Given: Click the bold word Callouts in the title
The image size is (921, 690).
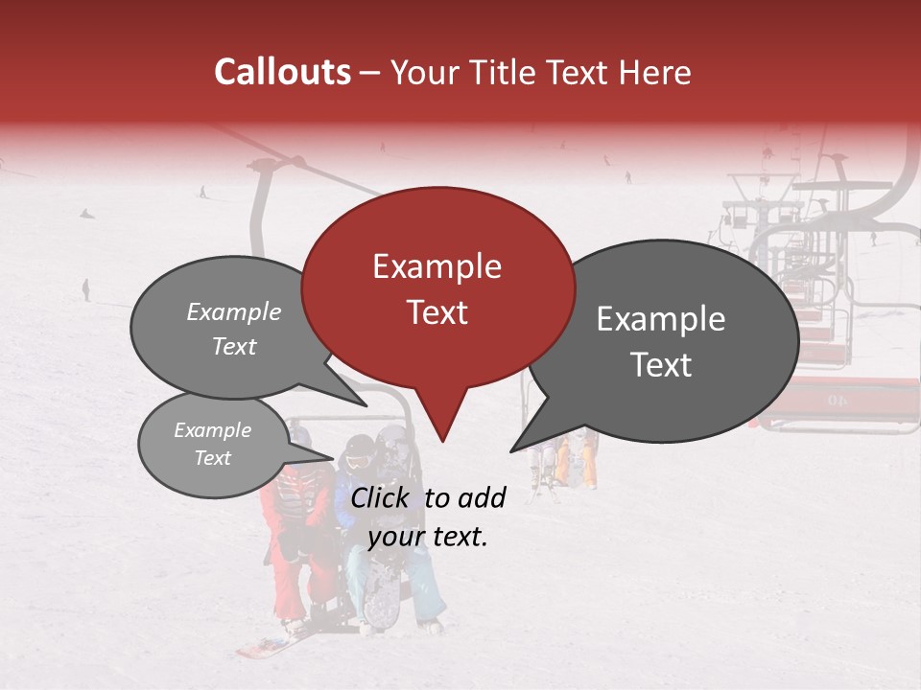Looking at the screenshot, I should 282,72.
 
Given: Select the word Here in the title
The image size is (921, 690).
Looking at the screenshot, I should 654,73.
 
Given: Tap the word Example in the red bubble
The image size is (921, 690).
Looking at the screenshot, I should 437,266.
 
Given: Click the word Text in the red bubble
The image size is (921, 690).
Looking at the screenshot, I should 437,312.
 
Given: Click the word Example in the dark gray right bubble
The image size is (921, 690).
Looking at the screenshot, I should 660,319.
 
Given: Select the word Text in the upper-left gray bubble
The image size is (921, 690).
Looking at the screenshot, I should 234,347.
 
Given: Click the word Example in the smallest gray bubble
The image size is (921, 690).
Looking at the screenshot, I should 212,430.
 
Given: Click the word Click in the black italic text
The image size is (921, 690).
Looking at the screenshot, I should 382,497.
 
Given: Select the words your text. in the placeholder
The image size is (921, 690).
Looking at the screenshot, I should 428,538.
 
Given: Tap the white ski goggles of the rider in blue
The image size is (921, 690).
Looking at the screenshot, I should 357,461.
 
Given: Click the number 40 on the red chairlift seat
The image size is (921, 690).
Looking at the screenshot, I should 838,400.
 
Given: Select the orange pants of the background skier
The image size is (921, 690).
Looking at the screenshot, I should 562,463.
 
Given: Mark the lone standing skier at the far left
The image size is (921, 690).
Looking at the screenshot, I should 86,289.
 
